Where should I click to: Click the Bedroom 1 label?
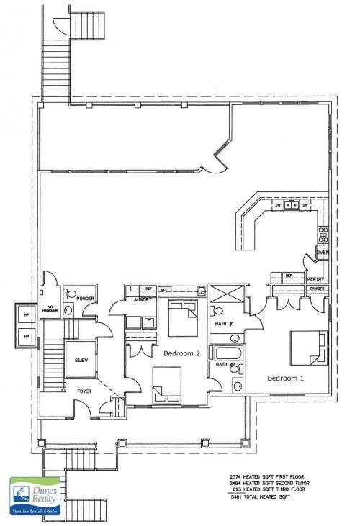coord(285,377)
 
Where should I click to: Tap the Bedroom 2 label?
coord(182,354)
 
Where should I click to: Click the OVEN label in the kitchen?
coord(322,252)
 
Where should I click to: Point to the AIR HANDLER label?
coord(53,307)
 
